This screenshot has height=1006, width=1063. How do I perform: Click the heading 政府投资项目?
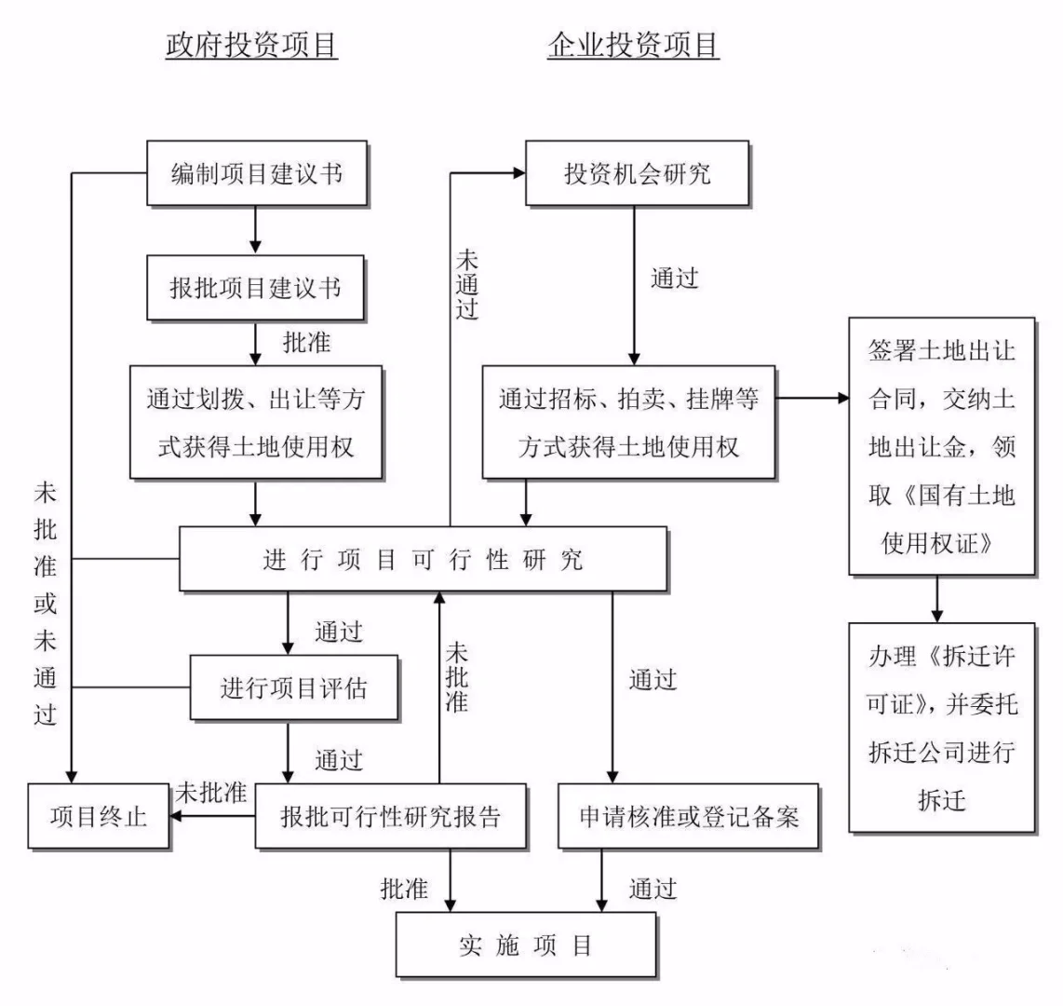tap(251, 46)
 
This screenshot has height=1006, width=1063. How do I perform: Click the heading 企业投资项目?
tap(633, 46)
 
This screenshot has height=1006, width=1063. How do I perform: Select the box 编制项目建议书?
tap(257, 173)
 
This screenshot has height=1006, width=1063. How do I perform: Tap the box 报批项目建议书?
tap(255, 287)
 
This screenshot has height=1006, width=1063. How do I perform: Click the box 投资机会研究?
tap(637, 173)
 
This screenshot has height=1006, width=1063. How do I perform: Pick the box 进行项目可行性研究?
tap(423, 559)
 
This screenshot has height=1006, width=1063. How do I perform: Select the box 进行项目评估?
tap(293, 688)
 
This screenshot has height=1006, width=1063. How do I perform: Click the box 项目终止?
tap(99, 817)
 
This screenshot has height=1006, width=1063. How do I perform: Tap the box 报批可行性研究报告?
tap(390, 817)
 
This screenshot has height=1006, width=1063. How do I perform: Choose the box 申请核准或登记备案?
tap(689, 817)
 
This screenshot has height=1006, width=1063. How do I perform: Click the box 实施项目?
tap(526, 945)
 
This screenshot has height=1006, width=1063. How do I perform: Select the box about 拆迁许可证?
tap(942, 727)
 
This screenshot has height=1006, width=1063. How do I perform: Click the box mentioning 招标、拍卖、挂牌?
tap(628, 422)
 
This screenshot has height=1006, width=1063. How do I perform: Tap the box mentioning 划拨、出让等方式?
tap(255, 422)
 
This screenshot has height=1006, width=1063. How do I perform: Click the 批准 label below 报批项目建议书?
tap(306, 342)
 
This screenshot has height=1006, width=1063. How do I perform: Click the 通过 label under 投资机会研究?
tap(674, 278)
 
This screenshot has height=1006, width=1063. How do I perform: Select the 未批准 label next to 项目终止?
tap(211, 794)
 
